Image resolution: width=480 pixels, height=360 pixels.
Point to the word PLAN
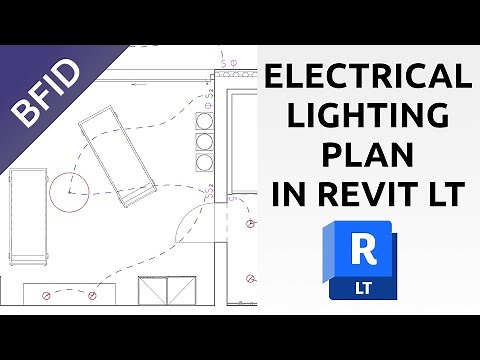[x=366, y=155]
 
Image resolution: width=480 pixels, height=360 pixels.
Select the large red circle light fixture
[x=70, y=187]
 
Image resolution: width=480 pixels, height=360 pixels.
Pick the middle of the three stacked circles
[x=205, y=140]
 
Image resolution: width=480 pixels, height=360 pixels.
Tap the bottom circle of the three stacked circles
[x=205, y=159]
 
